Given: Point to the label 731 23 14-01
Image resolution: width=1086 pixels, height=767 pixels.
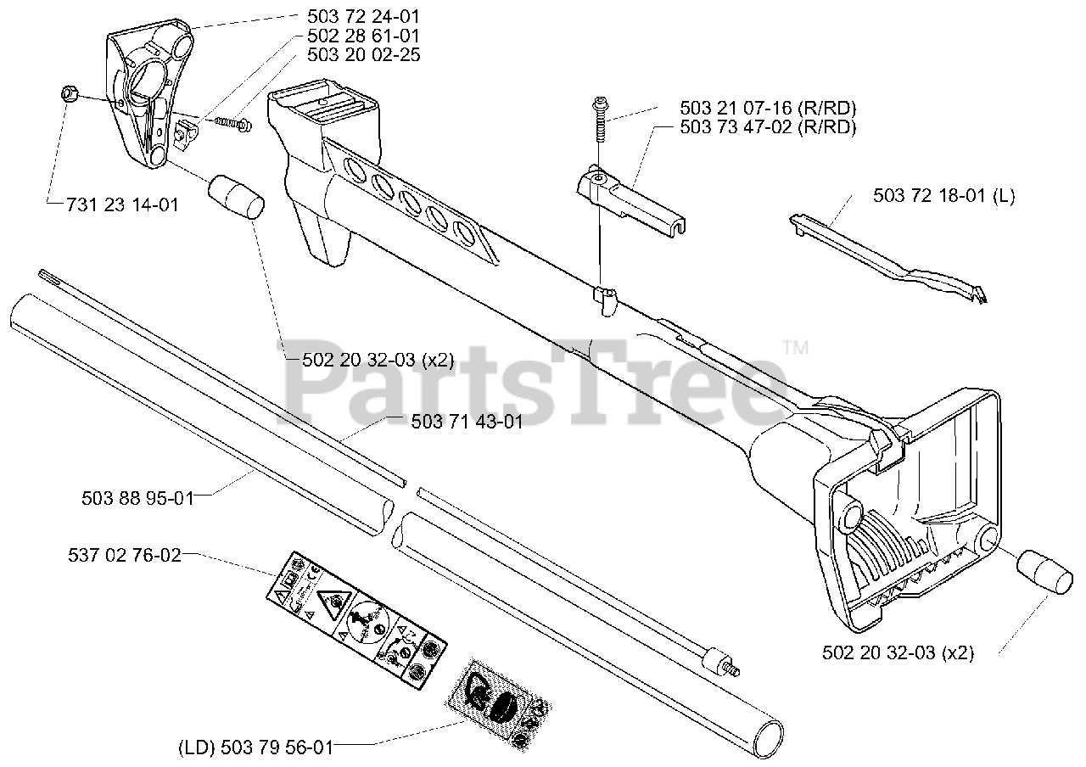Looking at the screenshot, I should point(112,205).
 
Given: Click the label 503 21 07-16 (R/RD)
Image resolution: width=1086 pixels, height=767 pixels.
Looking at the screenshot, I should point(768,109).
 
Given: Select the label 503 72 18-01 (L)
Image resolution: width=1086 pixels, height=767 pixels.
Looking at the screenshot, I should point(943,196).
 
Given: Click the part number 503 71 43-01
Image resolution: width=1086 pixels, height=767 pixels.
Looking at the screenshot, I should point(467,421).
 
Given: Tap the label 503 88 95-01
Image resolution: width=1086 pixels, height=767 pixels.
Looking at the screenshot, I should point(137,499).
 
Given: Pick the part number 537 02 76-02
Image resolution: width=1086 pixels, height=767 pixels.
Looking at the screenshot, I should point(124,556).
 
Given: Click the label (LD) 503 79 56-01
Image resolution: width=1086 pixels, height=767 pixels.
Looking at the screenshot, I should point(255,747).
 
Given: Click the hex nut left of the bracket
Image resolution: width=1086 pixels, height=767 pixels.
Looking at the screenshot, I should point(71,94).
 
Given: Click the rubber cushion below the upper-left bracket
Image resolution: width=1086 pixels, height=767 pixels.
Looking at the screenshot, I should point(236,197).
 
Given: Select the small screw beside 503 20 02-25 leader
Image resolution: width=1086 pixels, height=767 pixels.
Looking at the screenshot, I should point(232,124).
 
